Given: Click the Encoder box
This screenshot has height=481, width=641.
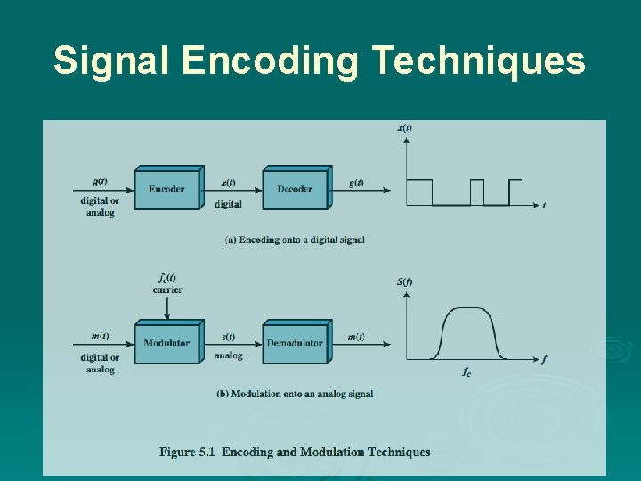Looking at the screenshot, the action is point(166,189).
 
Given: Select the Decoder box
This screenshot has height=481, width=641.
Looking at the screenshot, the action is point(295,189).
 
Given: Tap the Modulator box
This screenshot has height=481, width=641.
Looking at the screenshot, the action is point(166,343).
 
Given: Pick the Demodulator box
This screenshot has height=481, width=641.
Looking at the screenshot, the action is point(295,343).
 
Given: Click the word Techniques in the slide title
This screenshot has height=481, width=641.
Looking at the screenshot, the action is point(478,61).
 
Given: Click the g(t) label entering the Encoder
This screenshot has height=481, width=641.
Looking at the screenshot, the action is point(100,182).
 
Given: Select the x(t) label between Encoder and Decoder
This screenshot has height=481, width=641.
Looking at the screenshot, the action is point(229,182).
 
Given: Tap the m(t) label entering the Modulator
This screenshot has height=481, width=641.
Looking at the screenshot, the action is point(100,336).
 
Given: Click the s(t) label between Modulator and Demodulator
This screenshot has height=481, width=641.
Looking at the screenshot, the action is point(229,337).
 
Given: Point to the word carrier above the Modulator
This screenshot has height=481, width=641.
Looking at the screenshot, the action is point(167,289).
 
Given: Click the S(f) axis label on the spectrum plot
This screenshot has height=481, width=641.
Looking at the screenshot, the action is point(404,282).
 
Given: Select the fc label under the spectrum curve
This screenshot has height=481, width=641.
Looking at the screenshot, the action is point(467,371).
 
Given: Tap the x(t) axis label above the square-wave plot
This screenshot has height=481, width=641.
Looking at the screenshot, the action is point(404,127).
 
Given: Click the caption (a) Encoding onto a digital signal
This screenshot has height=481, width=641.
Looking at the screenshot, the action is point(295,240).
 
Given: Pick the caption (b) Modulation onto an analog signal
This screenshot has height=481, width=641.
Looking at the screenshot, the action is point(295,394).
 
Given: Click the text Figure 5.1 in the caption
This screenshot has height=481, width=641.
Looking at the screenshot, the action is point(189,452).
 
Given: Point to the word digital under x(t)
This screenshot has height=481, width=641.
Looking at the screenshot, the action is point(229,204).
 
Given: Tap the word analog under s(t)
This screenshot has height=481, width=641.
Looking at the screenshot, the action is point(229,355).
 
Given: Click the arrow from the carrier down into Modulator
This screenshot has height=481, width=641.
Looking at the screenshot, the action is point(167,307).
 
